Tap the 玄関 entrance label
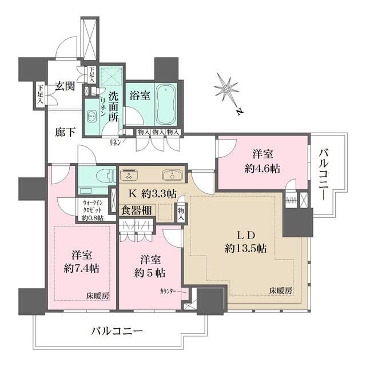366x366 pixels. click(63, 87)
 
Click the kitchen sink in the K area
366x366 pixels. click(170, 174)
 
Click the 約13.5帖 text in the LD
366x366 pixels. click(245, 249)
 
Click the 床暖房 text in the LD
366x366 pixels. click(281, 291)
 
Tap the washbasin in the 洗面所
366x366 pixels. click(92, 116)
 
